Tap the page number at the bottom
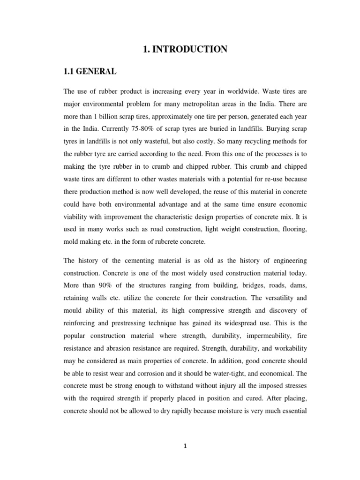[185, 446]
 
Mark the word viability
[78, 217]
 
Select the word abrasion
[118, 347]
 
